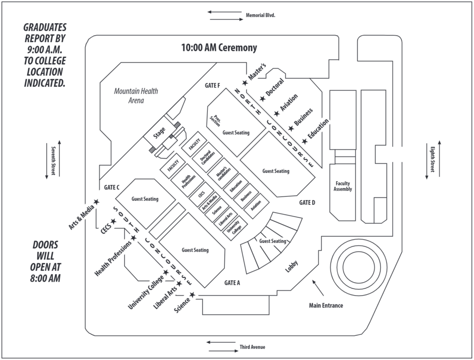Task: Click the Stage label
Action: tap(159, 133)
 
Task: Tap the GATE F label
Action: tap(212, 85)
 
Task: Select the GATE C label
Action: tap(112, 188)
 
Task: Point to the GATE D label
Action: tap(307, 202)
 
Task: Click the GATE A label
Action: tap(232, 283)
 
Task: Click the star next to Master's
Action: tap(245, 83)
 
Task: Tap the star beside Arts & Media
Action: tap(96, 202)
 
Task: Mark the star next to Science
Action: tap(192, 295)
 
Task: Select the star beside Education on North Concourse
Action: tap(304, 141)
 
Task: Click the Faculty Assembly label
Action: tap(343, 186)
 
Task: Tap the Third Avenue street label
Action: tap(252, 347)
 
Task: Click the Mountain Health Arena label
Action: tap(136, 95)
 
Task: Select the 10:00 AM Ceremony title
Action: tap(219, 48)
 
